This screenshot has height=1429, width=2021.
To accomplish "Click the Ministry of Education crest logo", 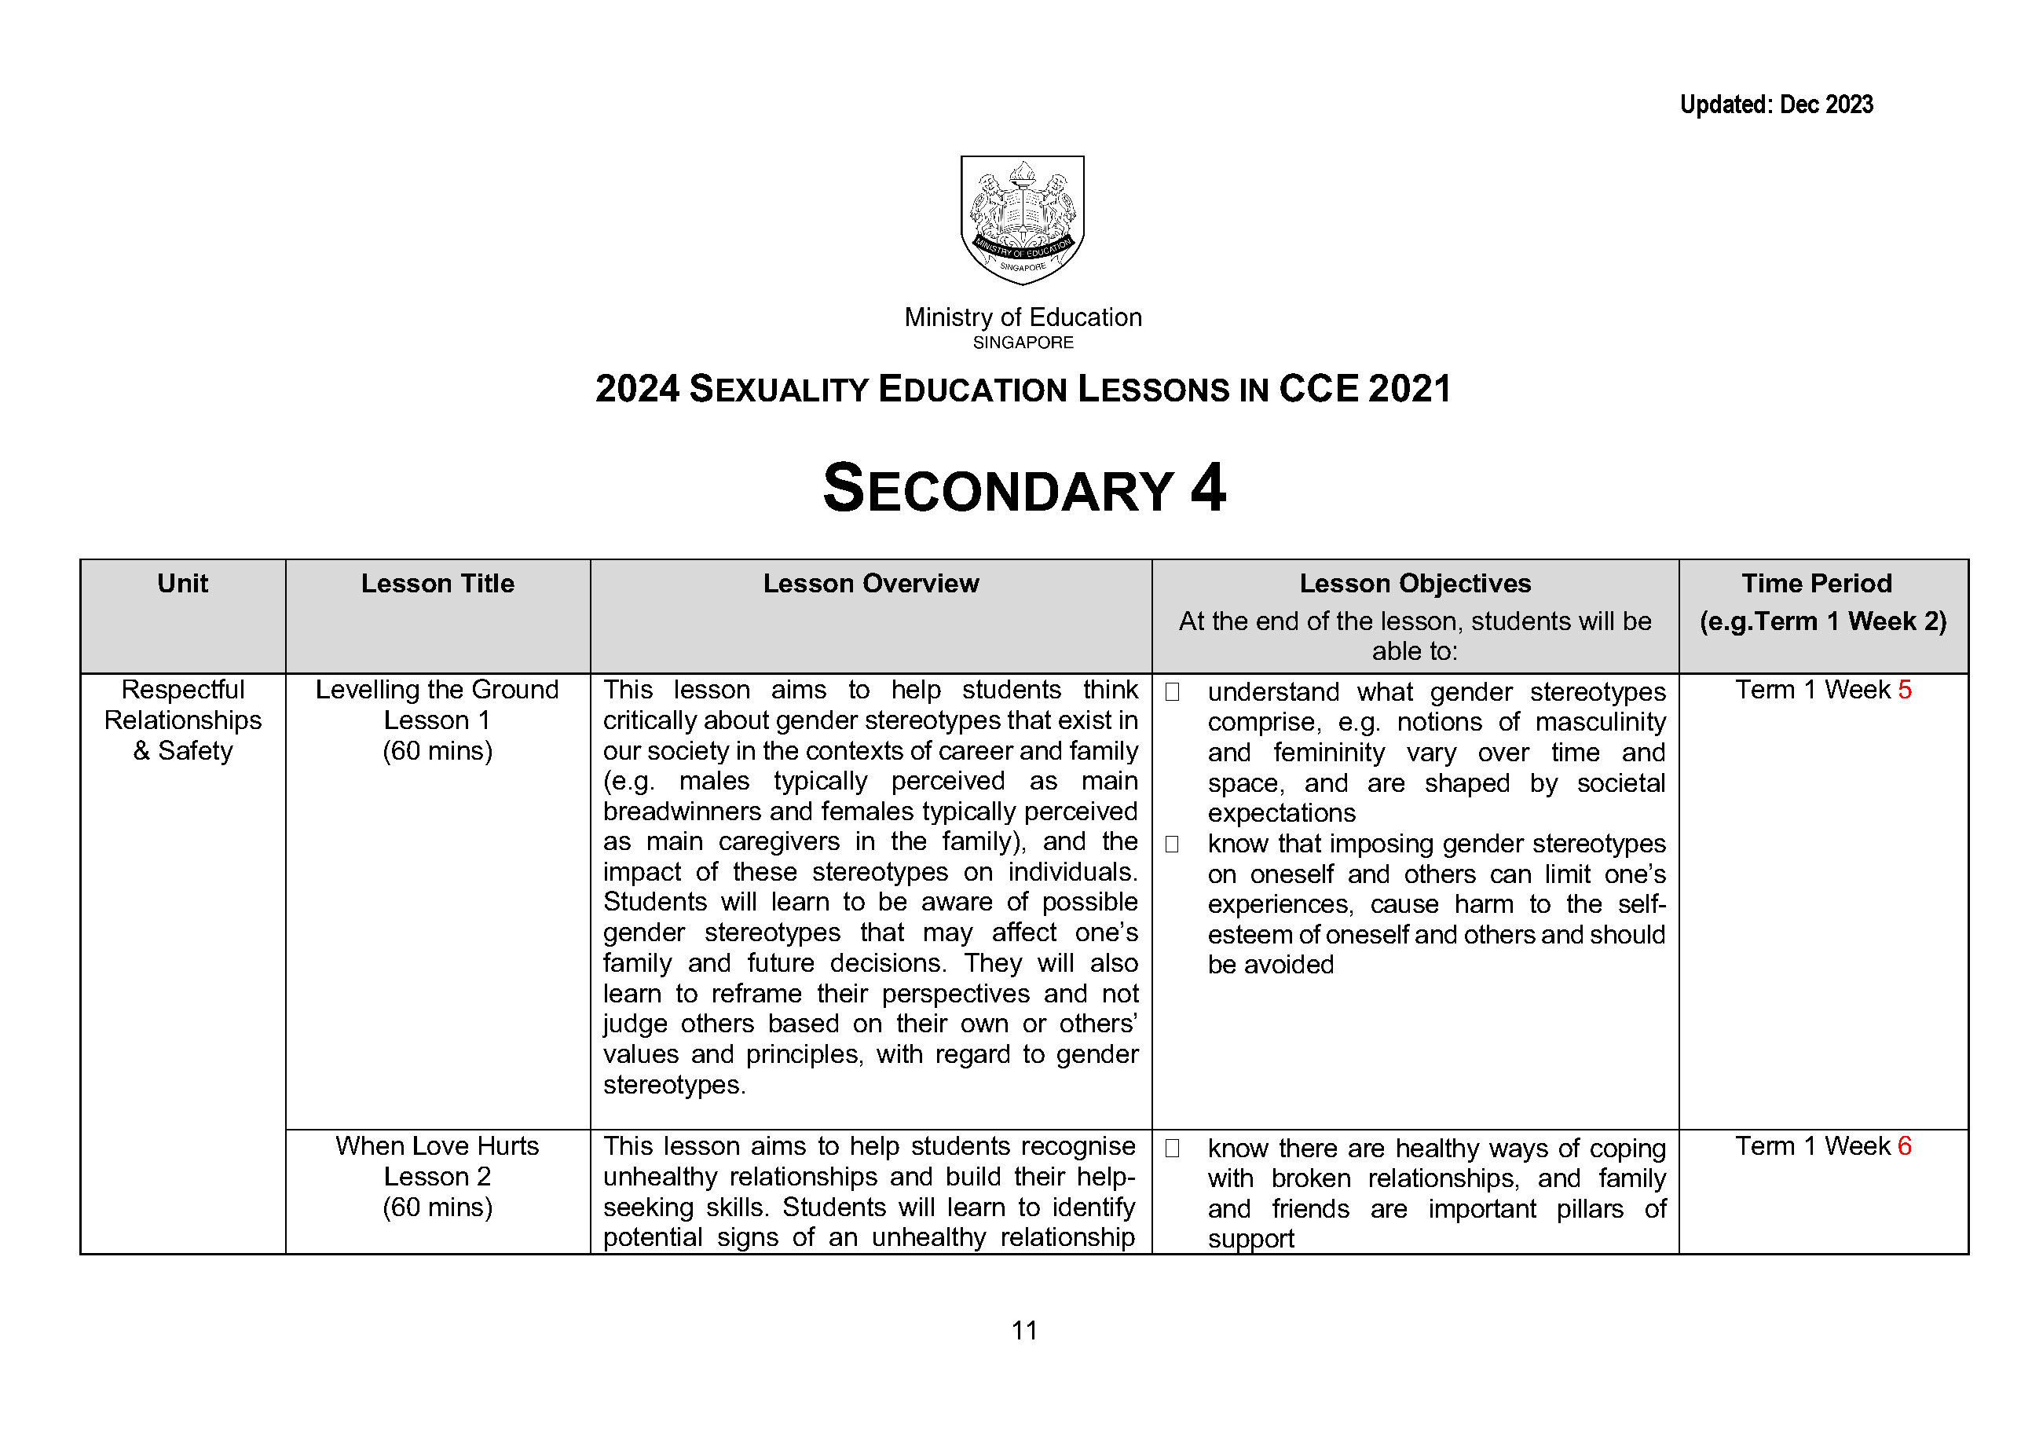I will coord(1022,220).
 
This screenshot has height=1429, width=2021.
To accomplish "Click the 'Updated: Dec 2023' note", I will coord(1775,104).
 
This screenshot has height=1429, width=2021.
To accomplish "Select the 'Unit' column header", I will coord(182,583).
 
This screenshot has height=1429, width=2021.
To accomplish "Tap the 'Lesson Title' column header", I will coord(438,583).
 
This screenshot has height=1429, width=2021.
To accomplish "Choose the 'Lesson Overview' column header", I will coord(870,583).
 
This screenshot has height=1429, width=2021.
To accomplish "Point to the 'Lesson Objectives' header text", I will coord(1415,583).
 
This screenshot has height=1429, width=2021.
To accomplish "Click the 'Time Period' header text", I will coord(1816,583).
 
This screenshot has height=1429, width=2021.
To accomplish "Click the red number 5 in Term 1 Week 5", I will coord(1904,690).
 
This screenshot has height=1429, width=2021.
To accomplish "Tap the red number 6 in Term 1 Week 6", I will coord(1904,1145).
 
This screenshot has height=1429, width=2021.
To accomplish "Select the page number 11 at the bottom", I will coord(1023,1329).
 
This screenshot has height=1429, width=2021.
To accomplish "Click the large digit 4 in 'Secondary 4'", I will coord(1208,489).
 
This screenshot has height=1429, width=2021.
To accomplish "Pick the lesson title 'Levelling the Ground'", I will coord(438,690).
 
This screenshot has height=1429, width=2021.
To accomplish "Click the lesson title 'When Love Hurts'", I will coord(438,1145).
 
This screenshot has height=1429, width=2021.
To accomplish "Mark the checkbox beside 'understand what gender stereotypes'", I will coord(1172,692).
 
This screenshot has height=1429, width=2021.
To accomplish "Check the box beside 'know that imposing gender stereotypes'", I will coord(1172,844).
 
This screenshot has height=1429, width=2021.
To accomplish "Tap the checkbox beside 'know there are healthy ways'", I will coord(1172,1148).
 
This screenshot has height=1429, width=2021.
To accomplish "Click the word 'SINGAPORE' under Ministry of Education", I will coord(1023,343).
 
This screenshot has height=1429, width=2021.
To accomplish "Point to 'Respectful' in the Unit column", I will coord(182,690).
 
